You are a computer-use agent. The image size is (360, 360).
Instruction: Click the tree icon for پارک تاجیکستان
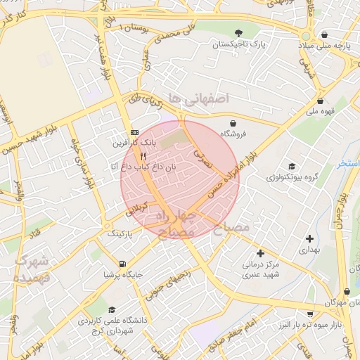(239, 32)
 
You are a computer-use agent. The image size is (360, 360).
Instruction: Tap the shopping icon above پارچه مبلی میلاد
(323, 34)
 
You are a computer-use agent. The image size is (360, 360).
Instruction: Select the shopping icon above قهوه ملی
(321, 101)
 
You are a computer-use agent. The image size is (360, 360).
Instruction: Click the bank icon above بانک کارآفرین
(134, 132)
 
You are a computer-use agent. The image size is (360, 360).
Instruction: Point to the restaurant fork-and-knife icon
(143, 155)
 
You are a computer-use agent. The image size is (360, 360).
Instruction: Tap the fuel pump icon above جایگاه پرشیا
(123, 264)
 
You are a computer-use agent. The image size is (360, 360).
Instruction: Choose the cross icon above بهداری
(310, 239)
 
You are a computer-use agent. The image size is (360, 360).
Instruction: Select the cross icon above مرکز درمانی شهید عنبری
(261, 253)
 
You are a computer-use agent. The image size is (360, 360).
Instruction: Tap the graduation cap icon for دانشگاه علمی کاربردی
(112, 309)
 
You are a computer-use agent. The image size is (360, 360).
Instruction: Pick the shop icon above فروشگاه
(231, 123)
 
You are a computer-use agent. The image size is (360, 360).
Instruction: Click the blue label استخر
(349, 163)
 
